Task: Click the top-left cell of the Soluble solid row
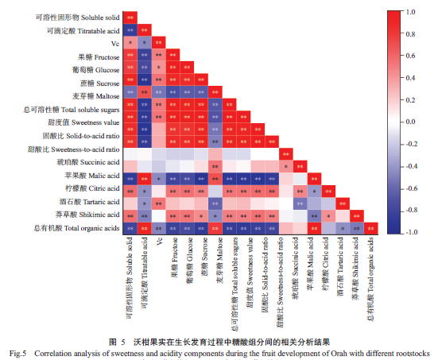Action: pos(130,17)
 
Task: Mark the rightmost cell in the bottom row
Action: pos(371,229)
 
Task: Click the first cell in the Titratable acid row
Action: pos(130,30)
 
